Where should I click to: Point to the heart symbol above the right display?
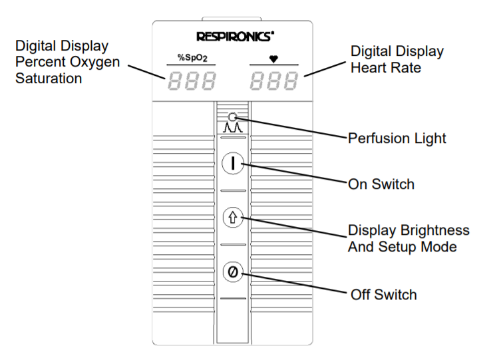point(273,59)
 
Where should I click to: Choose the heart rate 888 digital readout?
point(273,82)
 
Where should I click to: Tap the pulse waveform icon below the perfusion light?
point(232,127)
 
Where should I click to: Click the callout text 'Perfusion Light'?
point(397,139)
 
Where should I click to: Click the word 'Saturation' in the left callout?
point(49,79)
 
